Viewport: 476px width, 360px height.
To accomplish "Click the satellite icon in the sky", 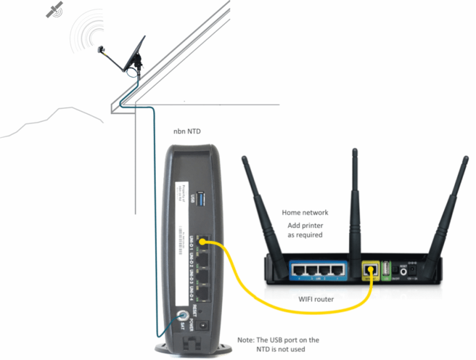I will pyautogui.click(x=55, y=9).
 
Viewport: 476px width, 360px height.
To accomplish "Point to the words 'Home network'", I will pyautogui.click(x=305, y=213).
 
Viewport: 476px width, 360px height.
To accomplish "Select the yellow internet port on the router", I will pyautogui.click(x=370, y=270).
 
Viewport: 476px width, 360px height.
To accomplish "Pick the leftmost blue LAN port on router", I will pyautogui.click(x=298, y=270).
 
